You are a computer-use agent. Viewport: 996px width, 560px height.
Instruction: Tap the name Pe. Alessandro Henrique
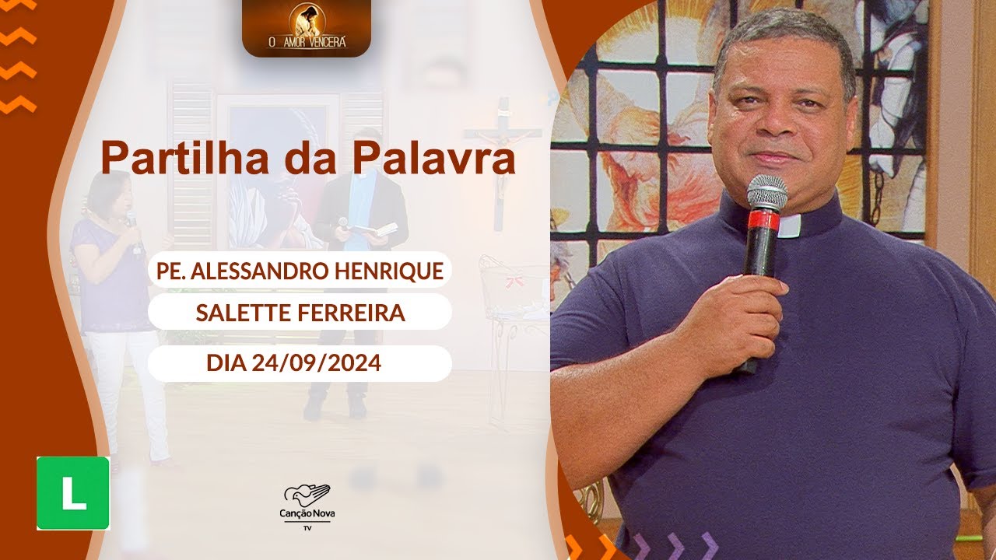click(299, 271)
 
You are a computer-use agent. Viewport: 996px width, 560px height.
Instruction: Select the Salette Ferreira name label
click(300, 313)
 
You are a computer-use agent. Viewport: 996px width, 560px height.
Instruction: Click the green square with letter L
click(73, 493)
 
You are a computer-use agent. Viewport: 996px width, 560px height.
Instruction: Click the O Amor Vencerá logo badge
click(306, 28)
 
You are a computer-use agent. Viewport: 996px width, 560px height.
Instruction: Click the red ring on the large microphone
click(763, 221)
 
